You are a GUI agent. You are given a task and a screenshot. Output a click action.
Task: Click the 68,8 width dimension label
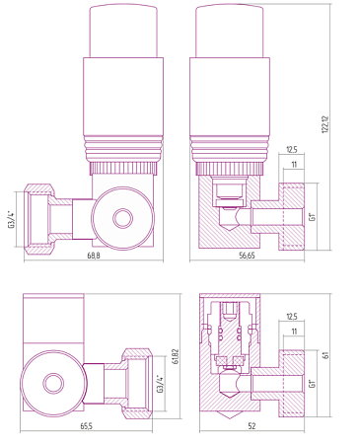pos(94,256)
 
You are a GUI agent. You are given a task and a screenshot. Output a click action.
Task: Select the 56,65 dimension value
pos(247,256)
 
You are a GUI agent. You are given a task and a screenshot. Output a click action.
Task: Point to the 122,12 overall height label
pos(325,123)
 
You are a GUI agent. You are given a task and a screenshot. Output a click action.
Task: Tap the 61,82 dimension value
pos(176,356)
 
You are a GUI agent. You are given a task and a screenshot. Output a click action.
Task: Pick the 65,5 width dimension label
pos(87,426)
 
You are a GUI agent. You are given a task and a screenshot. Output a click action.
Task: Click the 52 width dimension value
pos(252,426)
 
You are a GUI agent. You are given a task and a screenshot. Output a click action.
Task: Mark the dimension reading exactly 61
pos(325,355)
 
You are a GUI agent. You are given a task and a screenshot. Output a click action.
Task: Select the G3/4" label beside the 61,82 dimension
pos(160,384)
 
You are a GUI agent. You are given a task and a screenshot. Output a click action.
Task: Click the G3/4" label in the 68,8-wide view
pos(12,220)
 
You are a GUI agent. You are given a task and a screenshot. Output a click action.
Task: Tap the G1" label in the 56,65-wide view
pos(312,216)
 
